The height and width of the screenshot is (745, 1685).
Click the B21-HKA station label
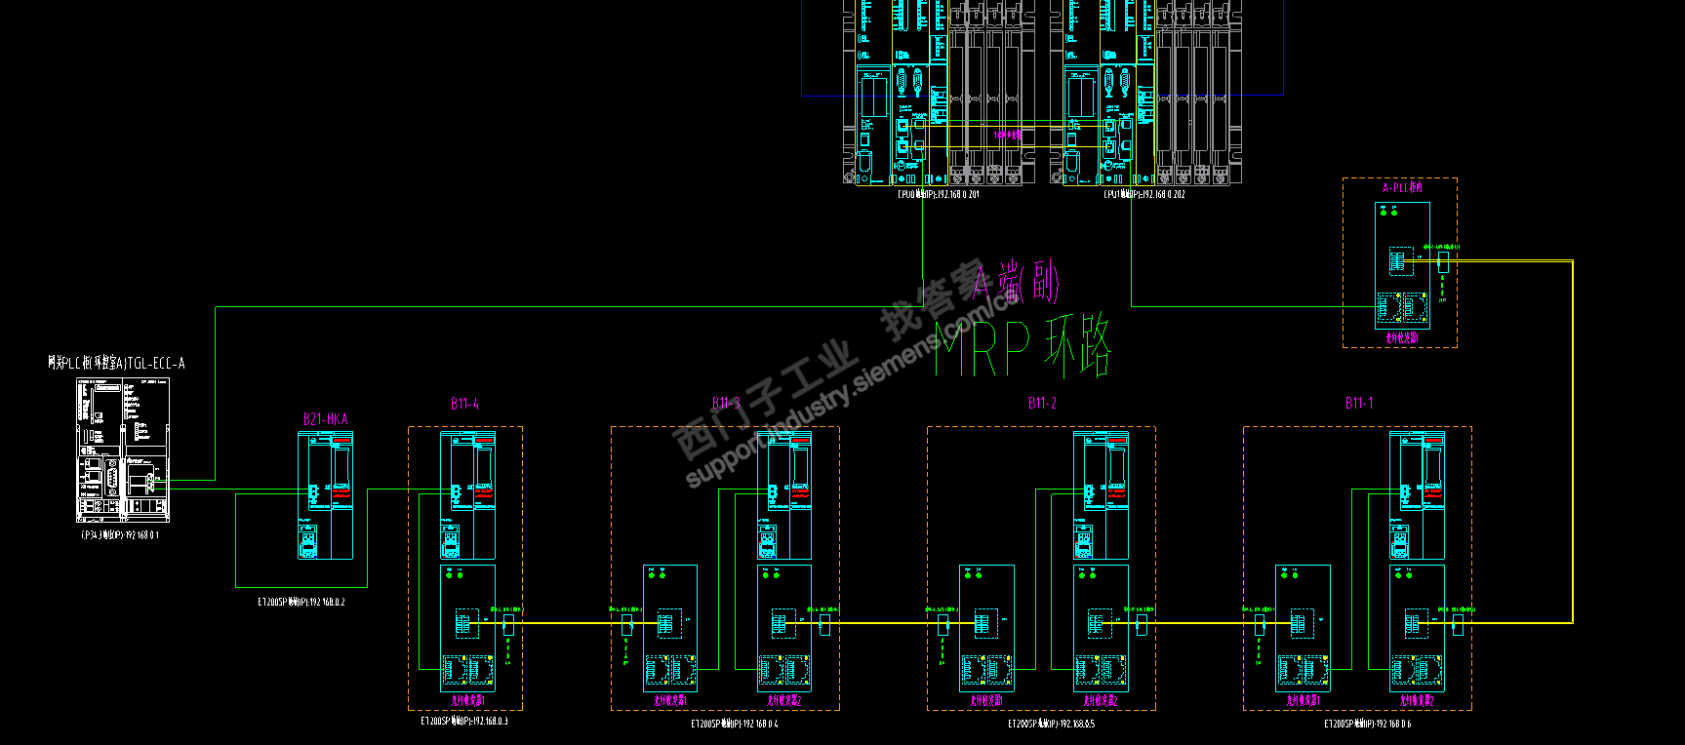[325, 419]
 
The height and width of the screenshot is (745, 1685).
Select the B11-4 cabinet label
[464, 404]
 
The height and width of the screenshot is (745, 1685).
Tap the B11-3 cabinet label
[726, 404]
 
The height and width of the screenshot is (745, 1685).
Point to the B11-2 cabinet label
[1042, 404]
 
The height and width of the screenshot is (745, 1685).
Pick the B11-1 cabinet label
[1358, 403]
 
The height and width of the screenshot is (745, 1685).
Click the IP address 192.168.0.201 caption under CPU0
[939, 194]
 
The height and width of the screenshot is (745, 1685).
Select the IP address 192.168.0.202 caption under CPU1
[1144, 194]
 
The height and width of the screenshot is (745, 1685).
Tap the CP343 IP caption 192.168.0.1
[120, 535]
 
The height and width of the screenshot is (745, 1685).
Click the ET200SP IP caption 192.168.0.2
[301, 603]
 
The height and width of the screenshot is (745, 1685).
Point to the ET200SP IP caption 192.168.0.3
[463, 722]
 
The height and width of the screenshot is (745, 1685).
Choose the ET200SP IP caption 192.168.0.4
[734, 725]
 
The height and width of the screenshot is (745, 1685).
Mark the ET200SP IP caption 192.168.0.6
[1367, 725]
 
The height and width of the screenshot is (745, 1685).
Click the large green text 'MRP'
[983, 349]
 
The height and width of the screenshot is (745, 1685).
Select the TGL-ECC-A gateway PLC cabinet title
[116, 364]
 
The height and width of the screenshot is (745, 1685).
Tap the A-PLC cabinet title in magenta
[1402, 188]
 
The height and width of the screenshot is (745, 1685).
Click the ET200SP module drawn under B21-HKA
[326, 496]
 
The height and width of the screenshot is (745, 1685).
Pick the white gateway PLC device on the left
[123, 451]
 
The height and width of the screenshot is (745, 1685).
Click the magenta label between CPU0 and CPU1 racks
[1007, 135]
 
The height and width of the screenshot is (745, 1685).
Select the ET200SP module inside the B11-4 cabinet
[467, 496]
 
